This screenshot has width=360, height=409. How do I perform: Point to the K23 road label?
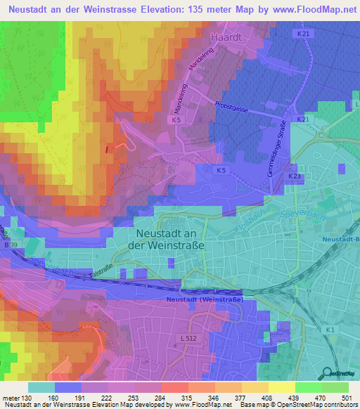(294, 176)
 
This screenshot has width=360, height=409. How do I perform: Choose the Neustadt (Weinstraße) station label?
(205, 299)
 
